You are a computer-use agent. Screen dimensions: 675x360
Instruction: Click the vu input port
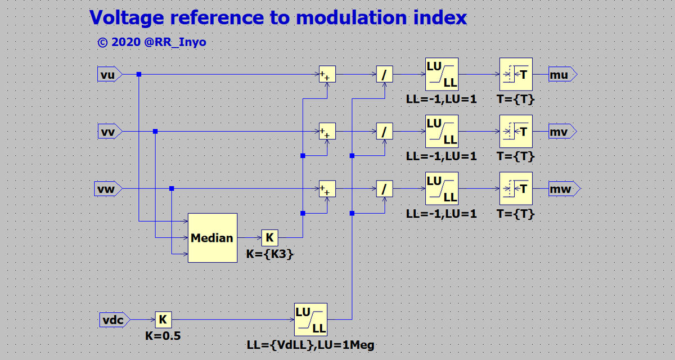[x=110, y=74]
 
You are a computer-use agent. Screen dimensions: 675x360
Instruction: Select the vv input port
[x=110, y=132]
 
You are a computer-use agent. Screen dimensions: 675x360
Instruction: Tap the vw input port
[x=108, y=189]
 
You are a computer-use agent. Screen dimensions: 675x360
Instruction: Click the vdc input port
[x=115, y=319]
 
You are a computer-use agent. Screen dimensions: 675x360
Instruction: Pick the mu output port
[x=562, y=74]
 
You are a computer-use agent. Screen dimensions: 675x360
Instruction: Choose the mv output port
[x=562, y=132]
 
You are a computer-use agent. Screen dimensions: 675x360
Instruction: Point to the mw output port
[x=564, y=189]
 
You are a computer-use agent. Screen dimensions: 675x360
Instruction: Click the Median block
[x=213, y=238]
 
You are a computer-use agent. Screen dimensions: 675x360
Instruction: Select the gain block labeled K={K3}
[x=269, y=238]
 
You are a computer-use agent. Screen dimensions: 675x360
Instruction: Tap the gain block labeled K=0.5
[x=163, y=319]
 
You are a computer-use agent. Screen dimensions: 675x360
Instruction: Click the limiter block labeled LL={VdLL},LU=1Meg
[x=310, y=319]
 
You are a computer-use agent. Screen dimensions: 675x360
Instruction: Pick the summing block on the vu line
[x=327, y=74]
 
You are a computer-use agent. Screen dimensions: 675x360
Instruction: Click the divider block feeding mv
[x=385, y=132]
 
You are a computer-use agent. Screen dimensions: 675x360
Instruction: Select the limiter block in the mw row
[x=442, y=188]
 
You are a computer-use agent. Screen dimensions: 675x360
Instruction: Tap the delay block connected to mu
[x=516, y=74]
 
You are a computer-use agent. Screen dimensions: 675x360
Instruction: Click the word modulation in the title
[x=352, y=17]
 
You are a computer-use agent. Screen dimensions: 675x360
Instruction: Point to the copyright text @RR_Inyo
[x=175, y=42]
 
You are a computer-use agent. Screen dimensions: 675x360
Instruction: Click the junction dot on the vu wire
[x=139, y=74]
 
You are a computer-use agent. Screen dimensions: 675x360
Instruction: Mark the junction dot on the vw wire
[x=172, y=188]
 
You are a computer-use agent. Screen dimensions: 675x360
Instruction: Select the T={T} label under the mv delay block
[x=516, y=156]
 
